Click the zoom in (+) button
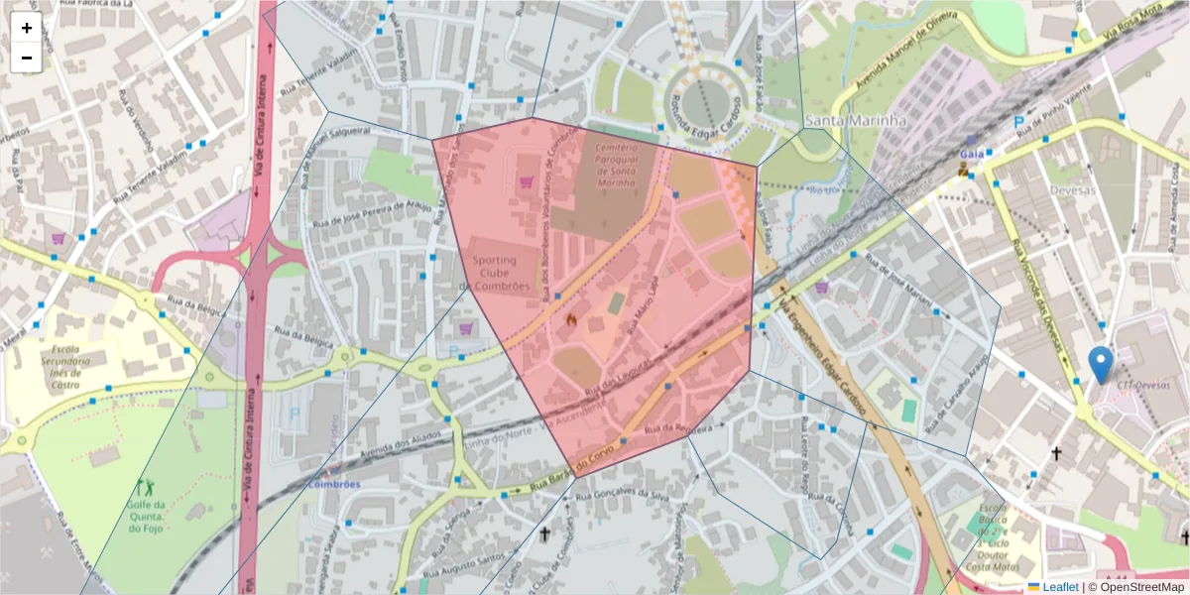pyautogui.click(x=27, y=28)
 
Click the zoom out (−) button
pyautogui.click(x=27, y=58)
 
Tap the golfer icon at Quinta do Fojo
pyautogui.click(x=145, y=487)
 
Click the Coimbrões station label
pyautogui.click(x=332, y=484)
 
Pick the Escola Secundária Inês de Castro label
pyautogui.click(x=65, y=367)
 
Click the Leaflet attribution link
pyautogui.click(x=1059, y=587)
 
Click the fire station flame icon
pyautogui.click(x=571, y=319)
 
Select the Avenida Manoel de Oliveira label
pyautogui.click(x=897, y=61)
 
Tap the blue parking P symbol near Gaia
pyautogui.click(x=1018, y=122)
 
